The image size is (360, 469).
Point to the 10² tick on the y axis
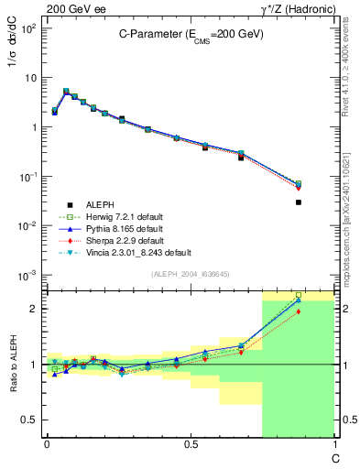tap(29, 28)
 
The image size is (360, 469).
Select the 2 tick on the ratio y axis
tap(34, 309)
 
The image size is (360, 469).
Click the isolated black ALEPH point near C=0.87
tap(299, 202)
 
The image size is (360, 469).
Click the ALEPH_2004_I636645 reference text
tap(190, 275)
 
